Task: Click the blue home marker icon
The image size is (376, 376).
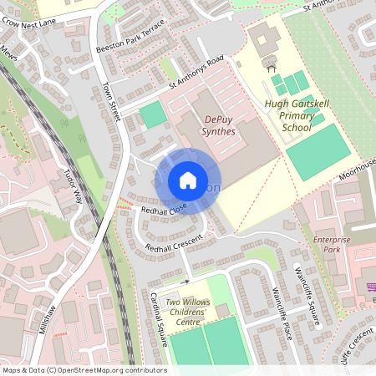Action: [187, 180]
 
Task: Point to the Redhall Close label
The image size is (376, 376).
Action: [164, 211]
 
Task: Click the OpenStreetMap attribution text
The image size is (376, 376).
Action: [84, 369]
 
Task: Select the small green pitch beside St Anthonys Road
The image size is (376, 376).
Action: [152, 114]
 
